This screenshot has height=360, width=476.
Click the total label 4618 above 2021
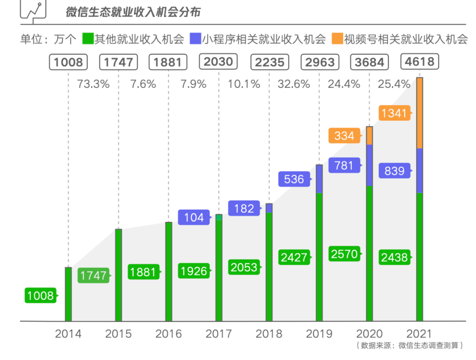pos(420,61)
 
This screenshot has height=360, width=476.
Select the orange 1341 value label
pos(394,113)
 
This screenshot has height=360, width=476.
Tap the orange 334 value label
pos(344,135)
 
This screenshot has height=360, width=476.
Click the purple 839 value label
pos(394,171)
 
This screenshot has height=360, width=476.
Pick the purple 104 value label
pos(193,217)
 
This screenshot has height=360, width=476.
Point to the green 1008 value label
pos(40,296)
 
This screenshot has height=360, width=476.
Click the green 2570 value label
pos(344,254)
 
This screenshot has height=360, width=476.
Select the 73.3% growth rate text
pos(93,84)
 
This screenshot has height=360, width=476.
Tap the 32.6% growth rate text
pos(294,84)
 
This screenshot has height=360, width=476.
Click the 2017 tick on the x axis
pos(219,334)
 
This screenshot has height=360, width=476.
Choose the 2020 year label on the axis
pos(369,334)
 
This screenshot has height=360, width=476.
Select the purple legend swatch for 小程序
pos(194,39)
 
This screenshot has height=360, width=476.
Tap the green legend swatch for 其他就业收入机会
pos(87,39)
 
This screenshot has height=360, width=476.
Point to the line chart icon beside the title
pos(33,10)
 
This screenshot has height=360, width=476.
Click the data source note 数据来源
pos(410,346)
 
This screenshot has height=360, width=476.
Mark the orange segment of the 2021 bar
pos(420,113)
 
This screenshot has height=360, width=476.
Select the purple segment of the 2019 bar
pos(319,179)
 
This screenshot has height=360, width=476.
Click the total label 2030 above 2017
pos(219,61)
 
